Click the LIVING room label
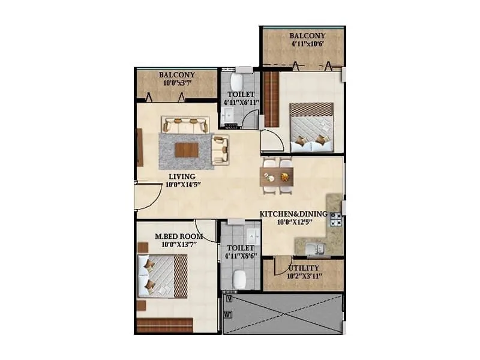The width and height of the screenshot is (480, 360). (x=182, y=176)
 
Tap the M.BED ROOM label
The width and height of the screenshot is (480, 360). (x=179, y=236)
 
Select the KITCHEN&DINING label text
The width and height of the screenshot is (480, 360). (x=293, y=214)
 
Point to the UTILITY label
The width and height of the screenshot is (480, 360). (x=304, y=268)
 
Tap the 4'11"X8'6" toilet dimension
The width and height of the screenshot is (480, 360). (x=241, y=257)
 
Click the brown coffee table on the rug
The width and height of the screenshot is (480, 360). (x=187, y=149)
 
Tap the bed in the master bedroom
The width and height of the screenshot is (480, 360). (x=163, y=275)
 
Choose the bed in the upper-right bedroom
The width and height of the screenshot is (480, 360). (x=311, y=126)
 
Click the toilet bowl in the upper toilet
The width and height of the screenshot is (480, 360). (x=237, y=82)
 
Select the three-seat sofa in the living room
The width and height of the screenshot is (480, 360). (x=185, y=125)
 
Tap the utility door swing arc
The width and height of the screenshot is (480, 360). (x=282, y=265)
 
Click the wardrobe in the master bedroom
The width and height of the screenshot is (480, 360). (x=164, y=325)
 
